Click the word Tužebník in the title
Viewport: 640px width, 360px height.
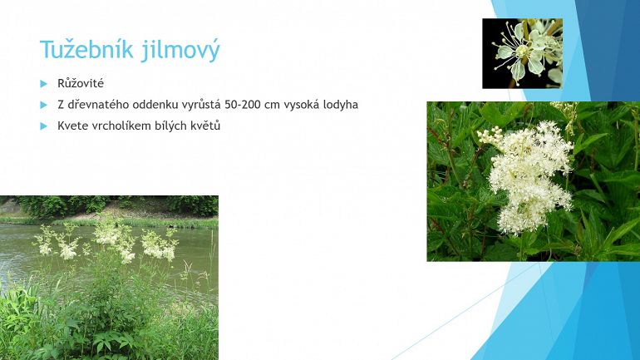[87, 49]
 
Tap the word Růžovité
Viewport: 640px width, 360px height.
[81, 83]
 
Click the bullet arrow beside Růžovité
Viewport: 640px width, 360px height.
[44, 84]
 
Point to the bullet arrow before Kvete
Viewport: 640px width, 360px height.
[44, 126]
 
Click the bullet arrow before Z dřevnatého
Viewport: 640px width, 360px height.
[44, 105]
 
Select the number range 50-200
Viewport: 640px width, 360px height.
[243, 105]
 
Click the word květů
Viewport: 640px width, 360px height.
[205, 126]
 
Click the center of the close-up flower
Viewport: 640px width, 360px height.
[522, 51]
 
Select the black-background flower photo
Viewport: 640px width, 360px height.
[523, 53]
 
